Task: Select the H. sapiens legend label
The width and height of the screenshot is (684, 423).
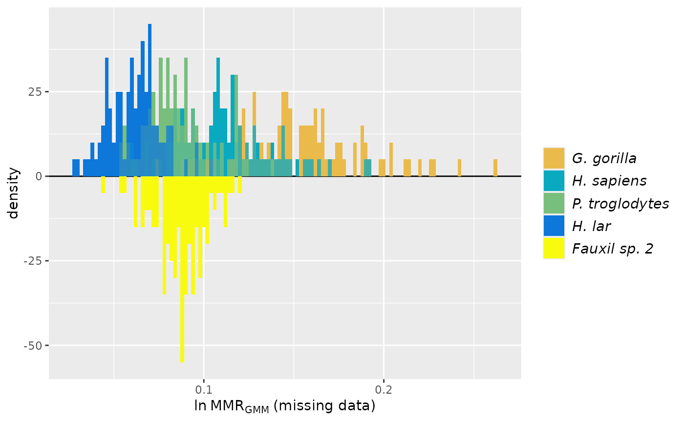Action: (x=609, y=181)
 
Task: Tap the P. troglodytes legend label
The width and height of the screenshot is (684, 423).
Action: (x=620, y=203)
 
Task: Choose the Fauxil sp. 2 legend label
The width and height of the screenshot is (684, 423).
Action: (x=612, y=249)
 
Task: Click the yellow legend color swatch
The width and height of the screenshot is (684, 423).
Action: (x=554, y=249)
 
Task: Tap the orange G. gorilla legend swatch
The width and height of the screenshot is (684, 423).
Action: (x=554, y=158)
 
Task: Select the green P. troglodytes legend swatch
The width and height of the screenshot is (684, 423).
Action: (x=554, y=203)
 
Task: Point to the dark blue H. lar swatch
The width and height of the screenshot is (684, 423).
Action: (x=554, y=226)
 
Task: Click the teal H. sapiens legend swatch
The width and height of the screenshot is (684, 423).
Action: (x=554, y=181)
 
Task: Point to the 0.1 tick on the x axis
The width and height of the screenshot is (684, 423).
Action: (x=204, y=390)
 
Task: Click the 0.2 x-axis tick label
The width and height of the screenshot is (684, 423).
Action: (x=384, y=390)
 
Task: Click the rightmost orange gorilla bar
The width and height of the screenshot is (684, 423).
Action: (x=495, y=168)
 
